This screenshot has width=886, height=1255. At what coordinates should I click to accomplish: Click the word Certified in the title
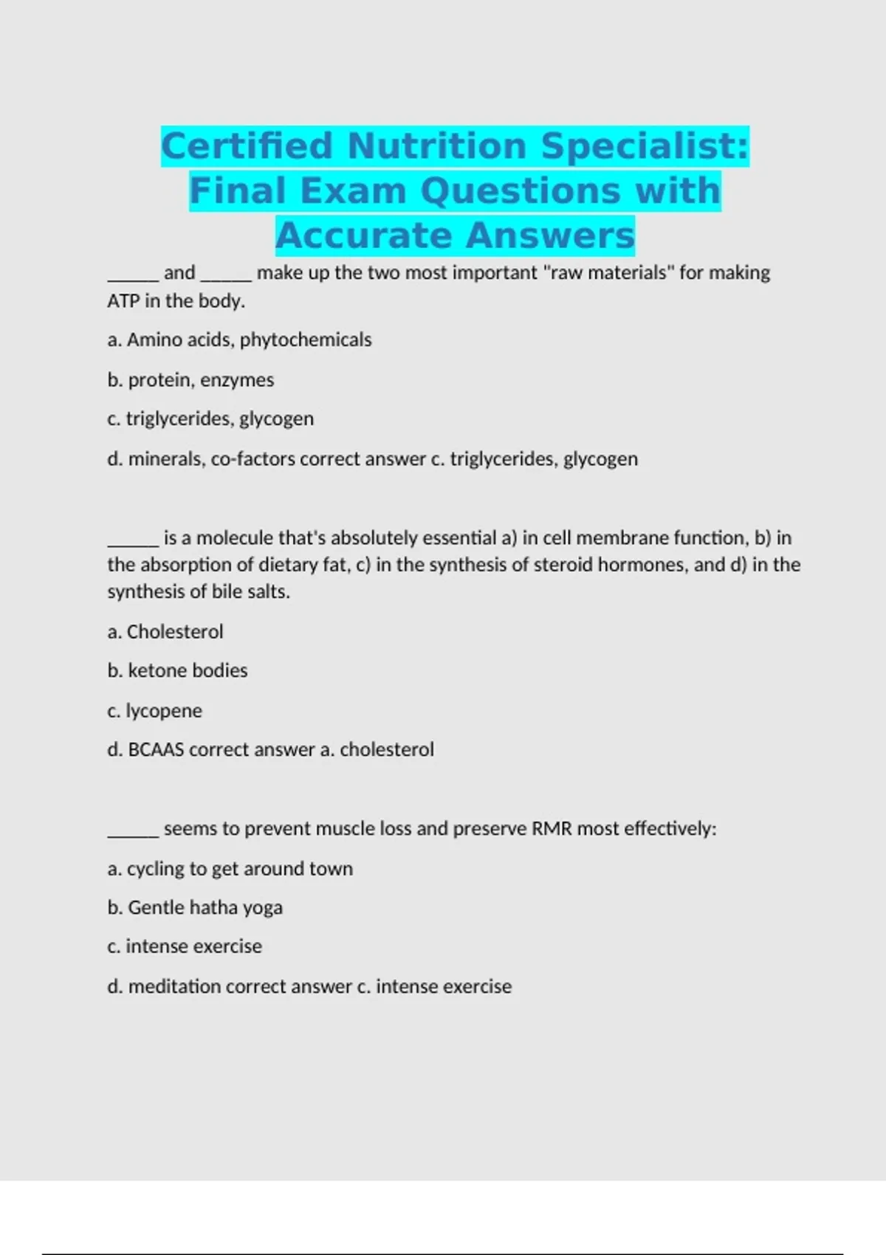tap(247, 145)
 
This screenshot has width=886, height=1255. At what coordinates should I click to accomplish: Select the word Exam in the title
tap(353, 190)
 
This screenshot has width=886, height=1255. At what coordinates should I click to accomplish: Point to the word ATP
tap(123, 301)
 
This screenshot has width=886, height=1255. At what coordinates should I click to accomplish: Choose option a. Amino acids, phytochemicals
tap(239, 340)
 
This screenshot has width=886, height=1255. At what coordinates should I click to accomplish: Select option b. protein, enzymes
tap(190, 379)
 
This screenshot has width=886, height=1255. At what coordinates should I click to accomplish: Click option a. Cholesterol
tap(165, 632)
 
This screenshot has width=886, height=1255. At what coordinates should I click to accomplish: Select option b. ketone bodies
tap(177, 670)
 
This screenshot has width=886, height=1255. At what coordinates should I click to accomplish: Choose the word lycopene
tap(164, 711)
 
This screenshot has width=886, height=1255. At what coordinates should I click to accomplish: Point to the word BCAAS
tap(156, 750)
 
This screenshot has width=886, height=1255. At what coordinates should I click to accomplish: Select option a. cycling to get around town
tap(230, 869)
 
